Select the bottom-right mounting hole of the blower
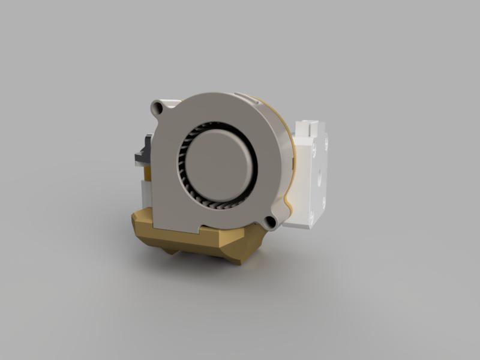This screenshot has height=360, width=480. tap(270, 221)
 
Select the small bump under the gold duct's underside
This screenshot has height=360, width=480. tap(172, 251)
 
